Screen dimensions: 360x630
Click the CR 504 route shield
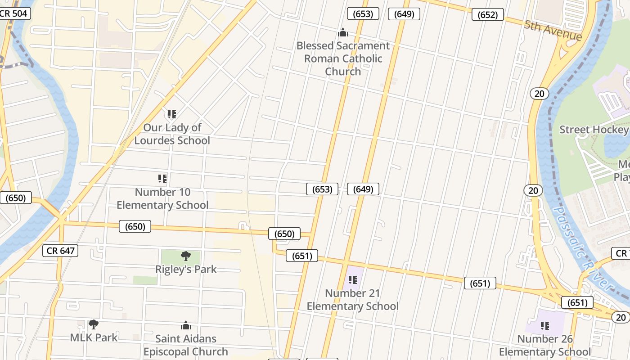(13, 13)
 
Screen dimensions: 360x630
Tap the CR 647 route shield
(60, 251)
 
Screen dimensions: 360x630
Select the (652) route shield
(487, 15)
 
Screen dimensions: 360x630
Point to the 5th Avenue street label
(553, 30)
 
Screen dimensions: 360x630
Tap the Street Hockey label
(594, 130)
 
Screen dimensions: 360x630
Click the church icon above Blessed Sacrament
(343, 32)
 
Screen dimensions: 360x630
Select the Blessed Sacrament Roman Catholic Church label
(343, 58)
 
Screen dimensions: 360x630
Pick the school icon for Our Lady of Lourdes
(171, 114)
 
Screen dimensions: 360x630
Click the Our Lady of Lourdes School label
(172, 134)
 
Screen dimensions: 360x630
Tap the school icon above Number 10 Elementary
(162, 179)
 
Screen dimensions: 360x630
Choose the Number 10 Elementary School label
(162, 198)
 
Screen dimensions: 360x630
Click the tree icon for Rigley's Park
(185, 256)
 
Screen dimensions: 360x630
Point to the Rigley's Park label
(186, 269)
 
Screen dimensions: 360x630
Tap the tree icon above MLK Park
(94, 324)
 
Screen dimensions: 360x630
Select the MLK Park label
(94, 337)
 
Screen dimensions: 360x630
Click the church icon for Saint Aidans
(185, 326)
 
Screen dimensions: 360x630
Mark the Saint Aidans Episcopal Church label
(185, 345)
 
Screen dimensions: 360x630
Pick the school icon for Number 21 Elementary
(352, 280)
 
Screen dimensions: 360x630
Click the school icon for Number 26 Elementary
(544, 325)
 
